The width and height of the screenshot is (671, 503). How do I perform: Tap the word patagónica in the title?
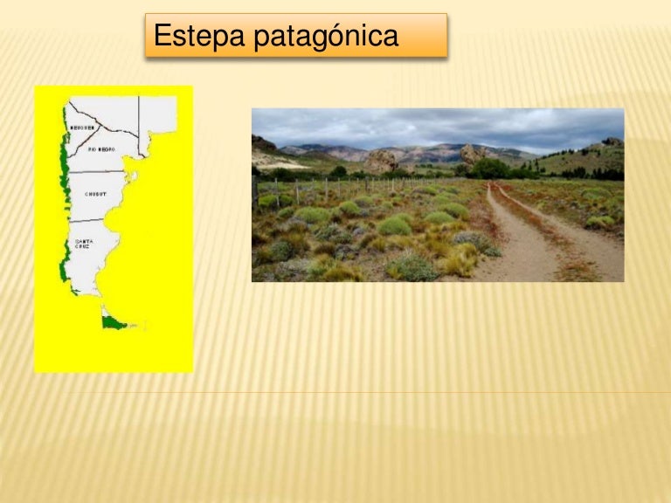click(327, 37)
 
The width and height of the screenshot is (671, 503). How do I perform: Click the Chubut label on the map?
click(95, 193)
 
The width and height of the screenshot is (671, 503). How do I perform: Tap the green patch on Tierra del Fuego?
click(112, 322)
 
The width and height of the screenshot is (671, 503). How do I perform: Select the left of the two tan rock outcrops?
click(381, 161)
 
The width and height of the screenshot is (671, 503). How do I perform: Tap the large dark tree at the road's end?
click(488, 169)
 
